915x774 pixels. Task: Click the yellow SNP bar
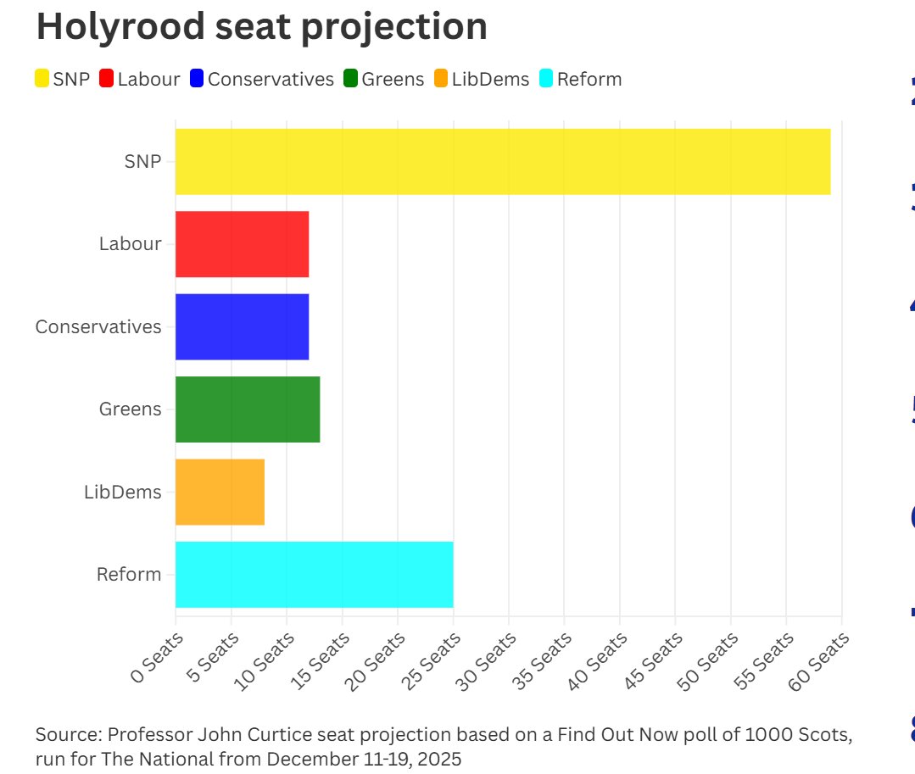point(502,162)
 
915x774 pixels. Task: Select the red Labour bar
point(242,244)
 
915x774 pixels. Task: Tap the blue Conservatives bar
point(242,326)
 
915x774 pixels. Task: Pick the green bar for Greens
point(247,409)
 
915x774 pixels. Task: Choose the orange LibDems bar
point(220,492)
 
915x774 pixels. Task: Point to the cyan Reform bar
point(314,574)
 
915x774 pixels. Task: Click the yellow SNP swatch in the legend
point(42,80)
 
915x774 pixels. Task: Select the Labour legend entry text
point(148,80)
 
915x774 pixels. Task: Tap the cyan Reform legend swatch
point(546,80)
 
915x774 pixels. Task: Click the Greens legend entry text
point(392,80)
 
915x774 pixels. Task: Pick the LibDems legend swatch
point(441,80)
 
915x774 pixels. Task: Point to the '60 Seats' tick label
point(821,661)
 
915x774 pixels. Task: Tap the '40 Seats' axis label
point(599,661)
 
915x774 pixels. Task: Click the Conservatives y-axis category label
point(98,326)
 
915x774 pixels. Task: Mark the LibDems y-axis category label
point(122,492)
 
